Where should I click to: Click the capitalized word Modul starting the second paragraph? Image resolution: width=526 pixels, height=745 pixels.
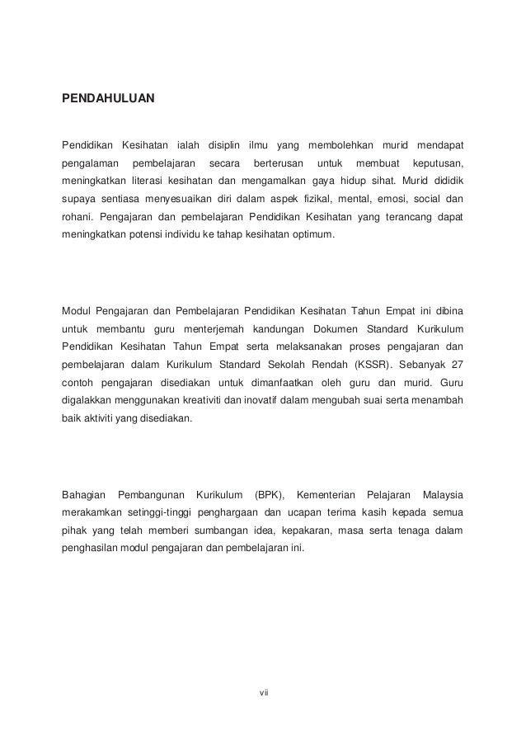77,311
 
